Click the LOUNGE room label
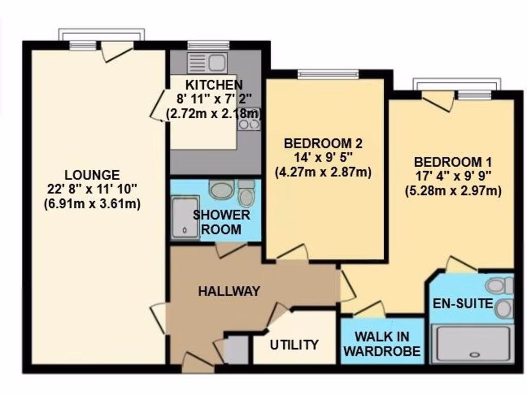(x=92, y=175)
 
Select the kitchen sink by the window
(x=207, y=63)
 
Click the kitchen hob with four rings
(x=249, y=119)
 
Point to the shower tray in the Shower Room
(x=185, y=218)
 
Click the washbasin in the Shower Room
(x=222, y=189)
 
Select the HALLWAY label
(x=229, y=291)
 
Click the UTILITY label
(x=294, y=344)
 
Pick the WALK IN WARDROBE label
(x=382, y=344)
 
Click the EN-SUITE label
(x=463, y=303)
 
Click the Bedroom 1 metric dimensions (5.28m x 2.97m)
(x=453, y=191)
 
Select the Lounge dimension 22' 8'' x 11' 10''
(x=92, y=189)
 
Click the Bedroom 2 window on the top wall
(x=327, y=74)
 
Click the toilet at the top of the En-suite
(x=499, y=285)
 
